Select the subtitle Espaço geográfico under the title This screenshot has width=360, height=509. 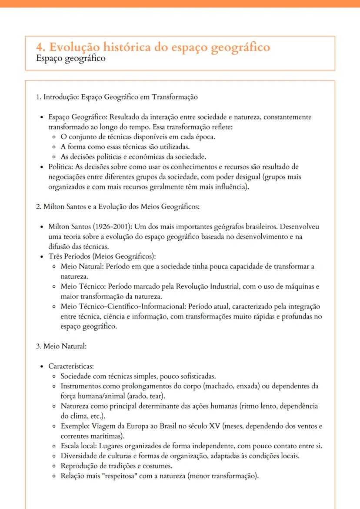click(x=71, y=58)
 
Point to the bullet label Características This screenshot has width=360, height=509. click(x=70, y=366)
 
